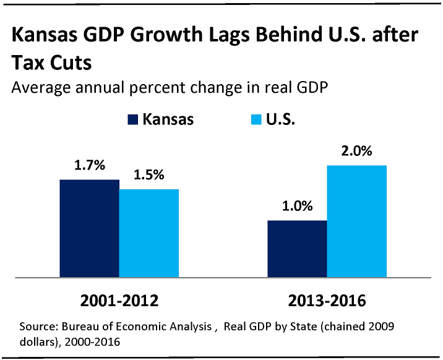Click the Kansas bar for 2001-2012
point(89,228)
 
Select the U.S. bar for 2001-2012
point(149,233)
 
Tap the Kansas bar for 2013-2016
point(297,249)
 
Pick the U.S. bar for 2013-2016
point(357,221)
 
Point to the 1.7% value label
point(90,166)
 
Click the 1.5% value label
point(149,175)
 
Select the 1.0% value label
point(298,207)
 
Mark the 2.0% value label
point(357,152)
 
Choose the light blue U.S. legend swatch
point(257,119)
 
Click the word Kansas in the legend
point(168,119)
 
